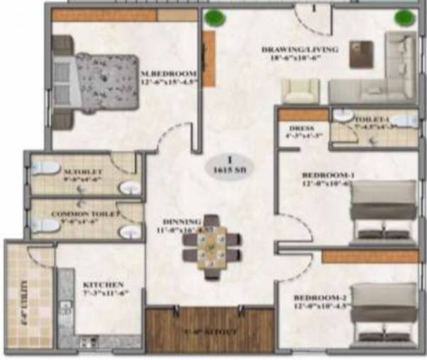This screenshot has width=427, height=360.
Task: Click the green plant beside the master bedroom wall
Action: tap(211, 17)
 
